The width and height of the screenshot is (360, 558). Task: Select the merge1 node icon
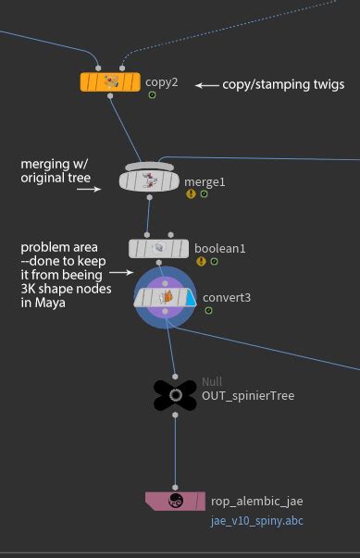pyautogui.click(x=148, y=181)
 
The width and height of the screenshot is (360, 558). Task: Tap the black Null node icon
pyautogui.click(x=174, y=395)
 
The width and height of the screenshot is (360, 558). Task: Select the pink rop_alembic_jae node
pyautogui.click(x=175, y=501)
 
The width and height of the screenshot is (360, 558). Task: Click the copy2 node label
pyautogui.click(x=161, y=81)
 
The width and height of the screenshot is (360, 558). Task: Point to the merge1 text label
pyautogui.click(x=205, y=181)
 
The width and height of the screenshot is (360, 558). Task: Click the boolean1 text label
pyautogui.click(x=219, y=248)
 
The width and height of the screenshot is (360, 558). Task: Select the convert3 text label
pyautogui.click(x=228, y=298)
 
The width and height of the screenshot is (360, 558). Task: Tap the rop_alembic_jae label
pyautogui.click(x=256, y=502)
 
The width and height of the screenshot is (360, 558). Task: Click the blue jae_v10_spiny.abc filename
pyautogui.click(x=257, y=521)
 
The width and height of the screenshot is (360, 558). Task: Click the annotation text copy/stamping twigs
pyautogui.click(x=283, y=84)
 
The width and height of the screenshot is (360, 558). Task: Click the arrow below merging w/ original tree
pyautogui.click(x=89, y=189)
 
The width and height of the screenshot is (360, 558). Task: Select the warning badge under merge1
pyautogui.click(x=191, y=194)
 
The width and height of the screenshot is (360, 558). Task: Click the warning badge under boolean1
pyautogui.click(x=200, y=261)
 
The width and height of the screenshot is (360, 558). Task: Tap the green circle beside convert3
pyautogui.click(x=209, y=310)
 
